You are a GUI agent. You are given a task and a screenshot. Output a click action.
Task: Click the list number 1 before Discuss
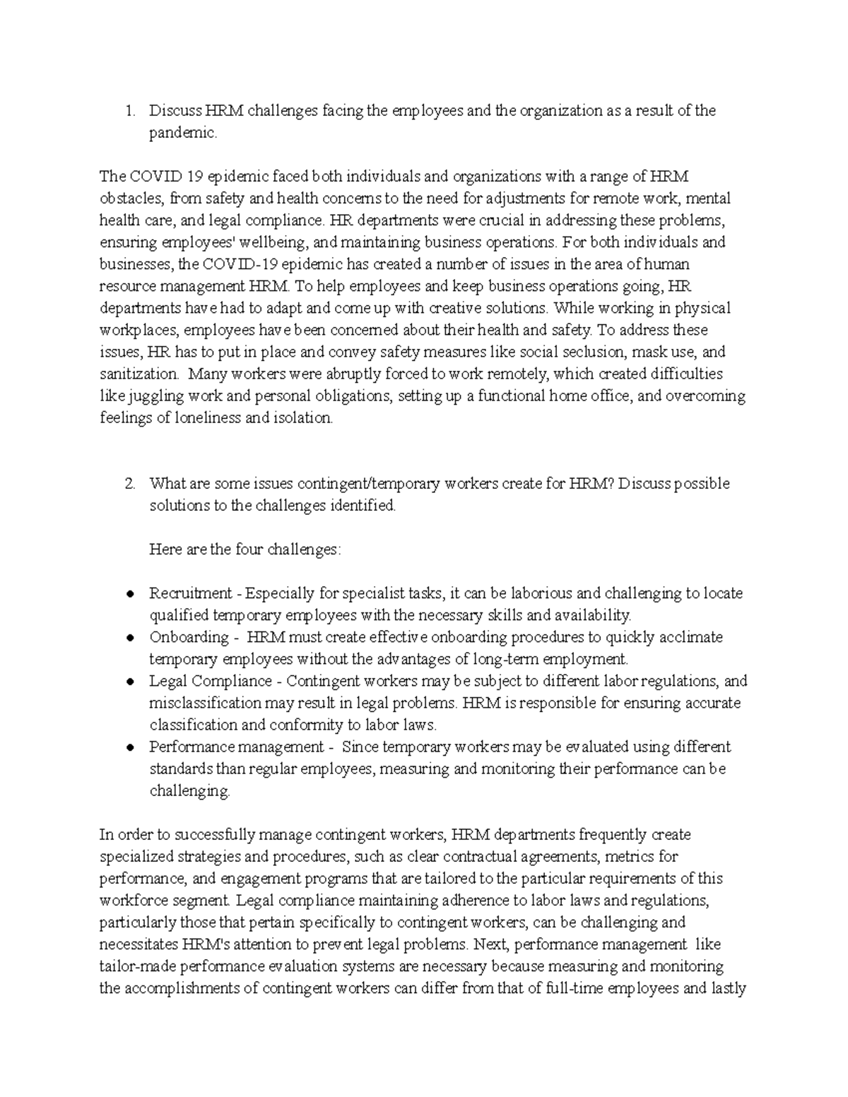(x=128, y=111)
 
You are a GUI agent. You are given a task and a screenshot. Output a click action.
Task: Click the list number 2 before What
(x=129, y=484)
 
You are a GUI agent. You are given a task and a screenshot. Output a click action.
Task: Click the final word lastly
(x=723, y=988)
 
